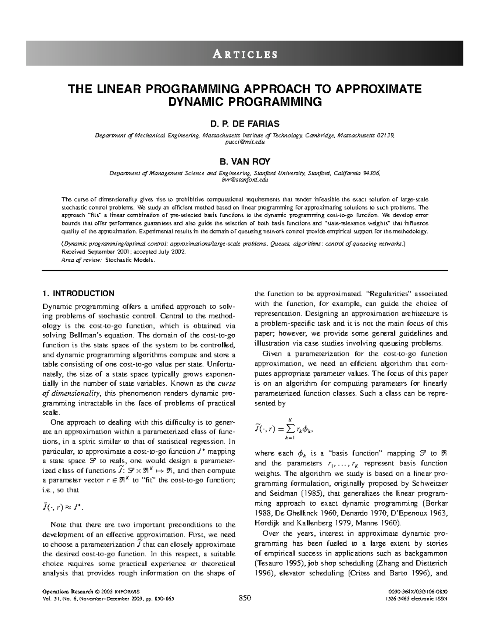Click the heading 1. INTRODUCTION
(x=78, y=293)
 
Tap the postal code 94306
(x=370, y=173)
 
